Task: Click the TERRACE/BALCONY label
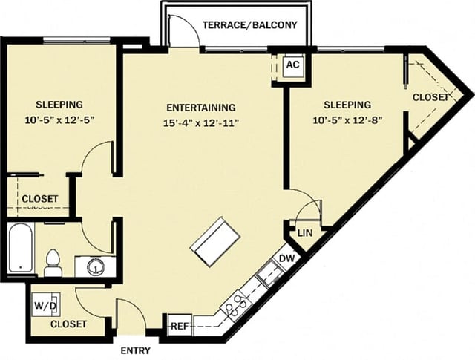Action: [249, 25]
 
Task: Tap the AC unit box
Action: [292, 65]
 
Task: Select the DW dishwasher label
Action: [286, 259]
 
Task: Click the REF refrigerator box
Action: [179, 326]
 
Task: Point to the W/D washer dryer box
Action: [42, 305]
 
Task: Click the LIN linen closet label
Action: [304, 233]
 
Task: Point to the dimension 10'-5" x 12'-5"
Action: [59, 119]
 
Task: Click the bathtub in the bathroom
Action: [21, 250]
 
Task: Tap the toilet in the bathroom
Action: [53, 263]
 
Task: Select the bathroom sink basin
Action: [94, 266]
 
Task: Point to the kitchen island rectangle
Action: [215, 240]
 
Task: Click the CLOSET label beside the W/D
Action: [68, 324]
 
